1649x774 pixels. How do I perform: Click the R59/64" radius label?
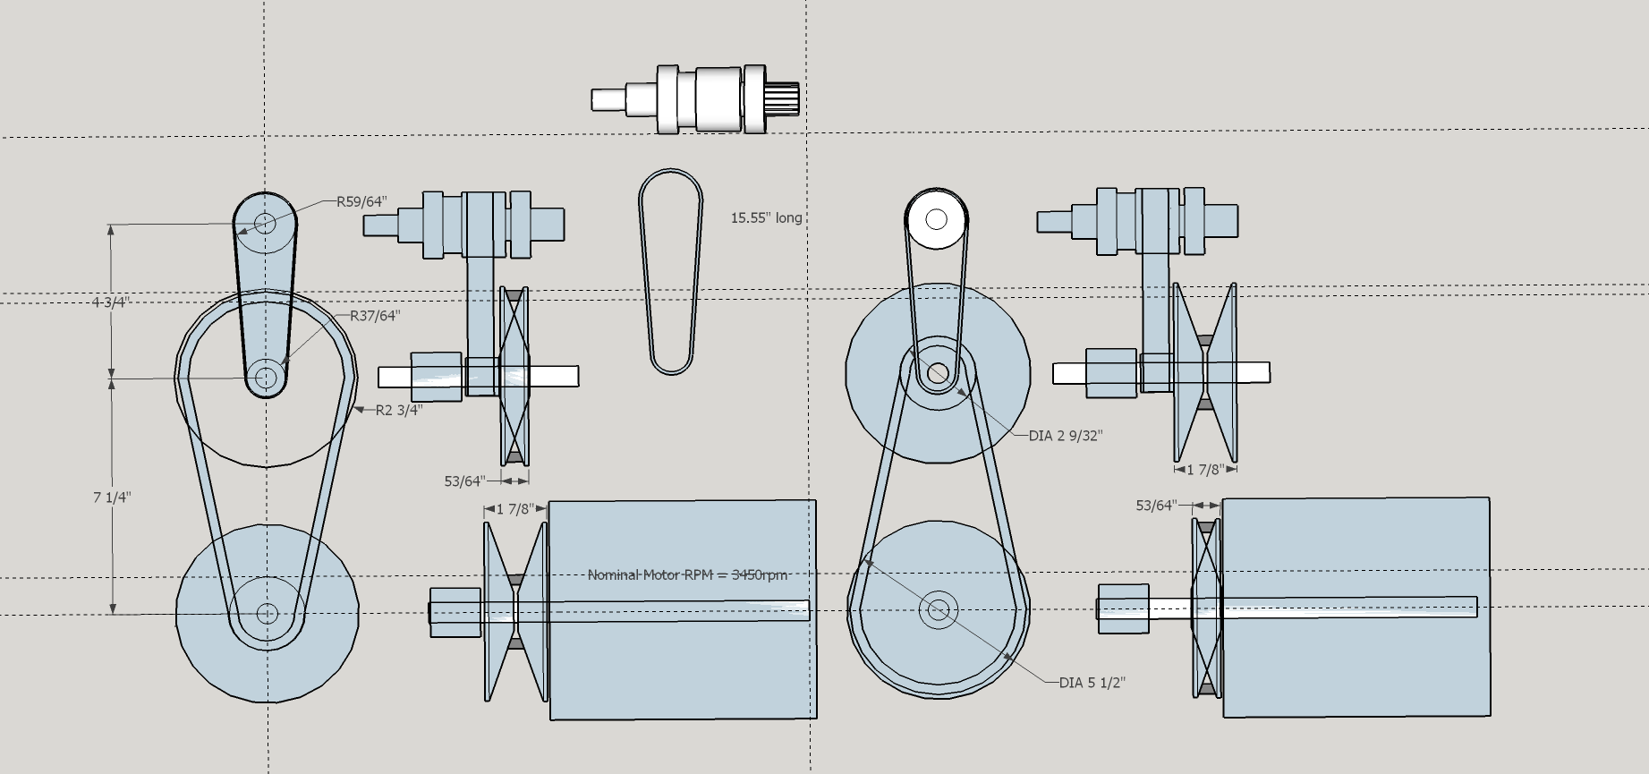coord(361,201)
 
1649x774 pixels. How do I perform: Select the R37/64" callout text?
coord(375,316)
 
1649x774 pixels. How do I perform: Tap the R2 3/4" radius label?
coord(398,411)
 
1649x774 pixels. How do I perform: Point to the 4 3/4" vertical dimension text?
coord(110,302)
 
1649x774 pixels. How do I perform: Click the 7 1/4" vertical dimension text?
coord(112,498)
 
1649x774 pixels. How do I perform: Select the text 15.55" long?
coord(767,217)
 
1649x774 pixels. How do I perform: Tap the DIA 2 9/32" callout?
coord(1066,436)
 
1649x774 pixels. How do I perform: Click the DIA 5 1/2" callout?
coord(1092,683)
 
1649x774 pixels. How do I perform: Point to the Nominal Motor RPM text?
coord(687,574)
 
